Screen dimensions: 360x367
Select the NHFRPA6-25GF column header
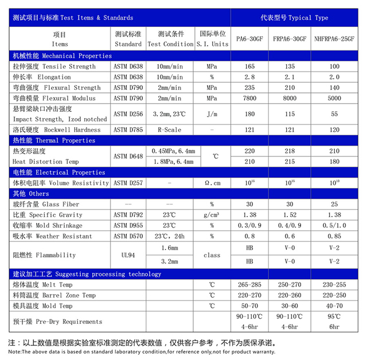(x=334, y=40)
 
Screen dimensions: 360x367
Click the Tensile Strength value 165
(x=249, y=67)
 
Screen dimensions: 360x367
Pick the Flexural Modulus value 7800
(x=249, y=99)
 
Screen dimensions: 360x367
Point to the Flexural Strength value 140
(x=334, y=88)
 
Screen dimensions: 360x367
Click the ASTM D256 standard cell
(x=128, y=114)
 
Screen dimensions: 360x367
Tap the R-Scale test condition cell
(x=170, y=130)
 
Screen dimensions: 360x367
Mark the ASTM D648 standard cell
(x=128, y=156)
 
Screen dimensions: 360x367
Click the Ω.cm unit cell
(x=212, y=183)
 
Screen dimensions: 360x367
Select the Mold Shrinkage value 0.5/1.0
(x=334, y=225)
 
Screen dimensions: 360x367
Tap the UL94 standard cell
(x=128, y=255)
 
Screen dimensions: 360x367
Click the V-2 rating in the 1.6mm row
(x=334, y=248)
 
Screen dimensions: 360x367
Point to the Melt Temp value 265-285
(x=249, y=285)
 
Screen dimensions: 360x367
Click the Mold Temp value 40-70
(x=334, y=306)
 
